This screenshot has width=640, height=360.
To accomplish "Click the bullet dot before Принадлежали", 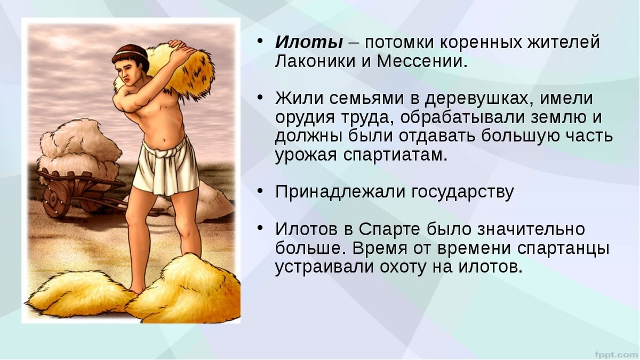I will [x=260, y=189].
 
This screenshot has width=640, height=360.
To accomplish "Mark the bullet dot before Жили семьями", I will [x=260, y=97].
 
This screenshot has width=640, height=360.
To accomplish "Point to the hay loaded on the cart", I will [x=80, y=149].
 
